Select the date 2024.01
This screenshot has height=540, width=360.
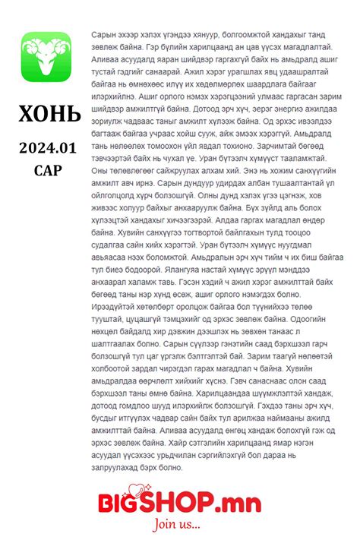[49, 147]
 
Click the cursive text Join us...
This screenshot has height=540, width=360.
[178, 525]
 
